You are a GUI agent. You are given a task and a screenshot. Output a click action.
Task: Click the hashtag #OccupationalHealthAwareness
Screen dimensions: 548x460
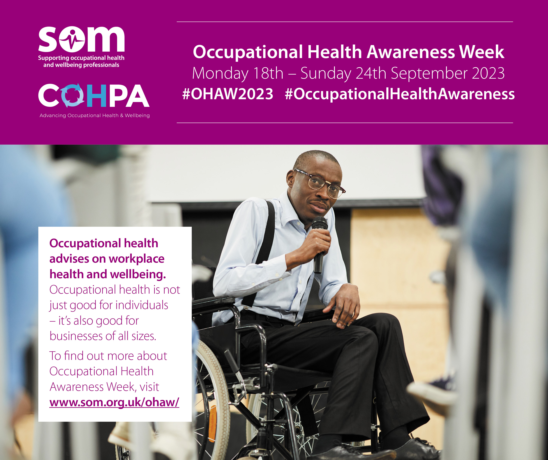coord(400,94)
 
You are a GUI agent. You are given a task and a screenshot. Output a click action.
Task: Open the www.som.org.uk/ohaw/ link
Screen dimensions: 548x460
coord(114,402)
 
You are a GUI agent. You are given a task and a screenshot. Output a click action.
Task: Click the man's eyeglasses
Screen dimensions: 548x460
coord(320,183)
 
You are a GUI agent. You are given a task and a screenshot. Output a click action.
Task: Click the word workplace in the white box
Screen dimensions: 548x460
coord(136,259)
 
